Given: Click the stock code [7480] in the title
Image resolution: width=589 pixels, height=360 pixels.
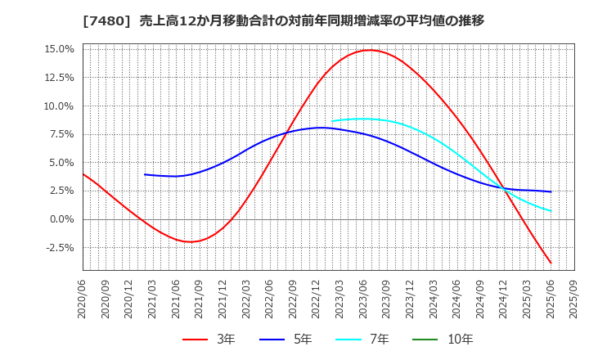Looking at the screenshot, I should point(99,20).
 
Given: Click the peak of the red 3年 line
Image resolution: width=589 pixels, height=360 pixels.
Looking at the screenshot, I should point(369,51).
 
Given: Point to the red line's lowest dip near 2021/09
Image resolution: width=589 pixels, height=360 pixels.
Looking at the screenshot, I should point(191,241).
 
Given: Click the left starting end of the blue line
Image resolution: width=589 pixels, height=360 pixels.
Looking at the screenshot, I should point(145,174).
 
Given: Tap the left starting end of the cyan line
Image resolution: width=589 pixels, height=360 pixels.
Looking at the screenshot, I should point(332,121).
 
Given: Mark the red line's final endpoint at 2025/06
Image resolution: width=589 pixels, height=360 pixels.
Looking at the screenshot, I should point(551,263).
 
